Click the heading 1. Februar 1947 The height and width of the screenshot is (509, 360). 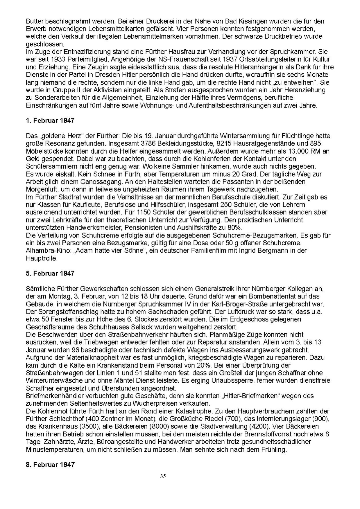(50, 120)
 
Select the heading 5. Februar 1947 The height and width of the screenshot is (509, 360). (50, 273)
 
